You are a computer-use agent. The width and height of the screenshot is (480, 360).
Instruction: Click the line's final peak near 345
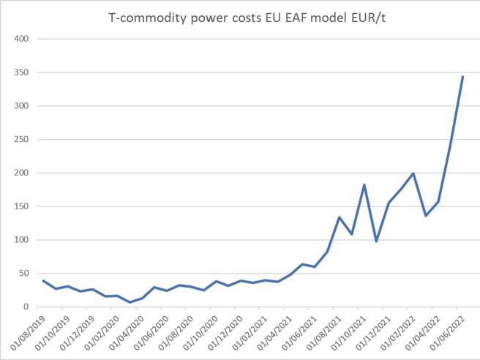(462, 76)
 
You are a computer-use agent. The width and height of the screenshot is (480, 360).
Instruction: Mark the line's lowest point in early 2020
(130, 302)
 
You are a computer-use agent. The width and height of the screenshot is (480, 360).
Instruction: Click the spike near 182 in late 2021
(364, 184)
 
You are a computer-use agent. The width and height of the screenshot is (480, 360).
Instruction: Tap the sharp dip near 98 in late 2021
(376, 241)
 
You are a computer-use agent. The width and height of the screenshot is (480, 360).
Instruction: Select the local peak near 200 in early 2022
(413, 173)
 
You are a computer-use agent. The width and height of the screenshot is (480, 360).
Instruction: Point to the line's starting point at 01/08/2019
(43, 281)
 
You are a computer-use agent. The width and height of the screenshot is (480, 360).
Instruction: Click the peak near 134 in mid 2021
(340, 217)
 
